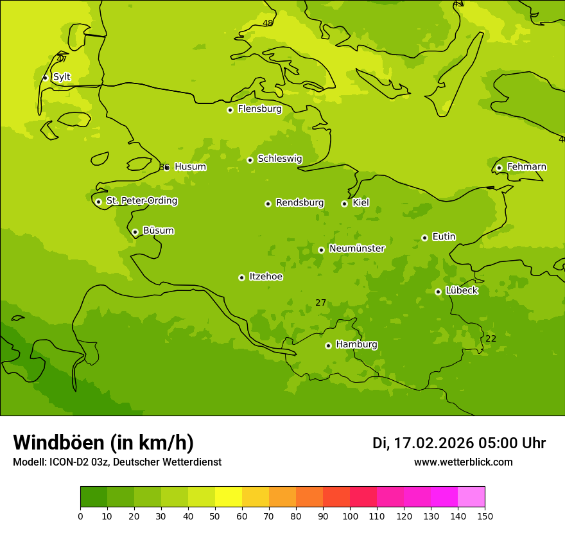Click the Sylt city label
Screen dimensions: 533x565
click(x=62, y=77)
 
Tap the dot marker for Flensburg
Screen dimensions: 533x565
click(x=230, y=110)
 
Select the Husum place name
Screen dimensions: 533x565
click(x=190, y=167)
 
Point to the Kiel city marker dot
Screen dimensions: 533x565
click(x=344, y=204)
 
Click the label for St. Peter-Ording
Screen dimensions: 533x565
click(x=141, y=201)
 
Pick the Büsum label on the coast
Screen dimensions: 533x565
click(x=158, y=231)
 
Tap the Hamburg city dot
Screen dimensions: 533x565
click(x=328, y=345)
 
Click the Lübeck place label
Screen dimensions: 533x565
click(x=462, y=290)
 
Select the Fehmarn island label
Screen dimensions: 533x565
click(x=526, y=167)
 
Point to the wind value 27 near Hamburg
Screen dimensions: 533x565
click(x=321, y=302)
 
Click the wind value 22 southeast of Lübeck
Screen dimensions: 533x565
click(x=491, y=338)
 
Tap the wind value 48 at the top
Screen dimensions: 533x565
click(x=268, y=23)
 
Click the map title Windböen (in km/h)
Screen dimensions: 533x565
click(x=103, y=442)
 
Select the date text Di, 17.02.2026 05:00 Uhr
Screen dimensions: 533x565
click(x=459, y=443)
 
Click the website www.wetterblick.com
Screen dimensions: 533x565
click(x=463, y=462)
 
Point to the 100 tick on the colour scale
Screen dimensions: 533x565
click(x=350, y=516)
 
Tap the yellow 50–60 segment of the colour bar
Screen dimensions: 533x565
click(x=229, y=497)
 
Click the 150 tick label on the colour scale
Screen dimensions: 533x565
click(x=484, y=516)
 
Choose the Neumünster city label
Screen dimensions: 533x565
click(x=357, y=249)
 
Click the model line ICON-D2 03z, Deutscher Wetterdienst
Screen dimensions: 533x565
click(x=117, y=462)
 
